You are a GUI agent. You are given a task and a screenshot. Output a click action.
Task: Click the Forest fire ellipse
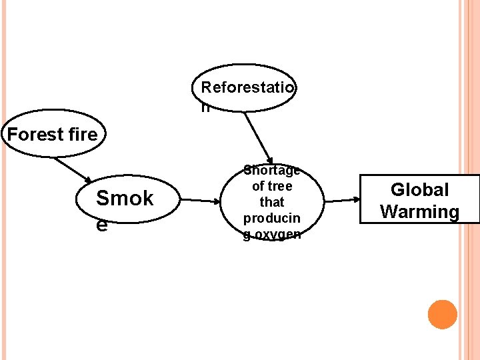tap(52, 133)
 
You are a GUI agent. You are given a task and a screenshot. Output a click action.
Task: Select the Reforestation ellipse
tap(244, 87)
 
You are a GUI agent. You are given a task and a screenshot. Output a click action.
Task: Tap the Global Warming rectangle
tap(419, 199)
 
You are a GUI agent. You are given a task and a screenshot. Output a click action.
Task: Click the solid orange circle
tap(443, 315)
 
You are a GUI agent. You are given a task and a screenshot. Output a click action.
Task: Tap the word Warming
tap(419, 212)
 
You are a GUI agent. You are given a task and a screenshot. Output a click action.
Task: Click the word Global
tap(419, 190)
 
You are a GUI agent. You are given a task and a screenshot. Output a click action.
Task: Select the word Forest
tap(34, 134)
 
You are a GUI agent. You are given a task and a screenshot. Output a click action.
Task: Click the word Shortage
tap(272, 171)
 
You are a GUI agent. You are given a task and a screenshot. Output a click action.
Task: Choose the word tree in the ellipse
tap(280, 186)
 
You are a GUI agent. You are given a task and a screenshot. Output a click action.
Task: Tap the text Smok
tap(125, 198)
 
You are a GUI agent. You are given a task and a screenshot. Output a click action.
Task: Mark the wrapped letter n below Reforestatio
tap(205, 107)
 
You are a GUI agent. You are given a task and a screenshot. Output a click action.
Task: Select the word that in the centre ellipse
tap(272, 202)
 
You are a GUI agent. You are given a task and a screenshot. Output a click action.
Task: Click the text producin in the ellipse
tap(272, 218)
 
